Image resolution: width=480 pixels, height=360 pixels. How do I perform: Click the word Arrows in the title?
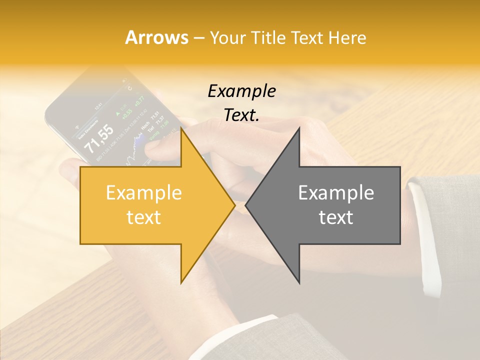pyautogui.click(x=157, y=37)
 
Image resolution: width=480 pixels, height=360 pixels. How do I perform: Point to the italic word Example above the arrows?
pyautogui.click(x=241, y=91)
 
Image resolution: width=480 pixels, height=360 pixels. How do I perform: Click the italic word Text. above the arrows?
pyautogui.click(x=241, y=115)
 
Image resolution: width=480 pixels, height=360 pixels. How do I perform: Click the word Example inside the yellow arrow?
pyautogui.click(x=144, y=192)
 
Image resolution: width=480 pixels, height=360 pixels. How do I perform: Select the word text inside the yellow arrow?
pyautogui.click(x=144, y=217)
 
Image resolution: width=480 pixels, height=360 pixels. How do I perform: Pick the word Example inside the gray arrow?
pyautogui.click(x=336, y=192)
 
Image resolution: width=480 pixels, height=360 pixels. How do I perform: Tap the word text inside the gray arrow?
pyautogui.click(x=336, y=217)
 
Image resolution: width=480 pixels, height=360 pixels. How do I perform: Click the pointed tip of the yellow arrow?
pyautogui.click(x=234, y=205)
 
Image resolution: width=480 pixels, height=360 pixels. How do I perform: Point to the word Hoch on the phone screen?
pyautogui.click(x=145, y=128)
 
